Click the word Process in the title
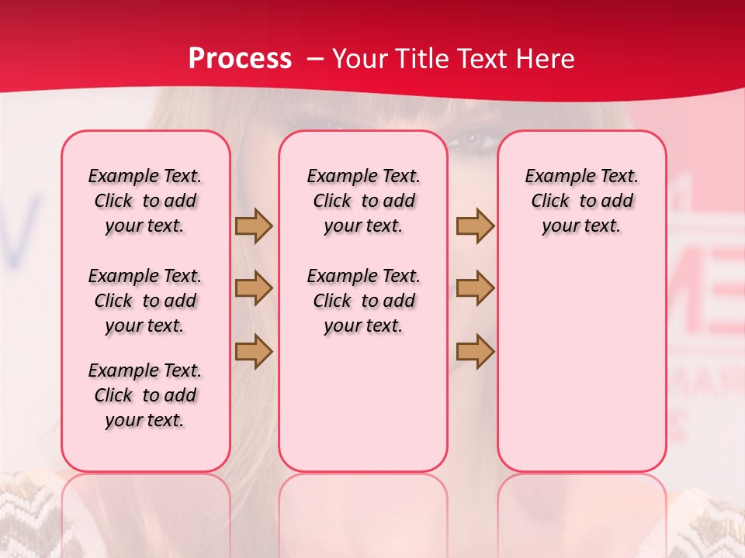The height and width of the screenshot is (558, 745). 240,59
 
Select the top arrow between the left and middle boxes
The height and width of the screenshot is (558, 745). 254,226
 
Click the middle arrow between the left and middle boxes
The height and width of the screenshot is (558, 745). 254,288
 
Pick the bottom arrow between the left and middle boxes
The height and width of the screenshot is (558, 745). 254,350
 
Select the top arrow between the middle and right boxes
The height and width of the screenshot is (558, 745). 475,226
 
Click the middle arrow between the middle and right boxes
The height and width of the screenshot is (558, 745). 475,288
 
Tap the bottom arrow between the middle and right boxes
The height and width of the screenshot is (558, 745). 475,350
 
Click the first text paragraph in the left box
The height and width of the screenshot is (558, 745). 145,201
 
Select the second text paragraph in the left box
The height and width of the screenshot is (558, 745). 145,301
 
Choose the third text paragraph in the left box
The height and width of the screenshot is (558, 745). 145,395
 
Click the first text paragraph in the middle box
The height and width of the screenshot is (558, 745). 363,201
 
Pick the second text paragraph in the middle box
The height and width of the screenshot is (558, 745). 363,301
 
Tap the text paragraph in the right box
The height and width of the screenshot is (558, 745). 581,201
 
